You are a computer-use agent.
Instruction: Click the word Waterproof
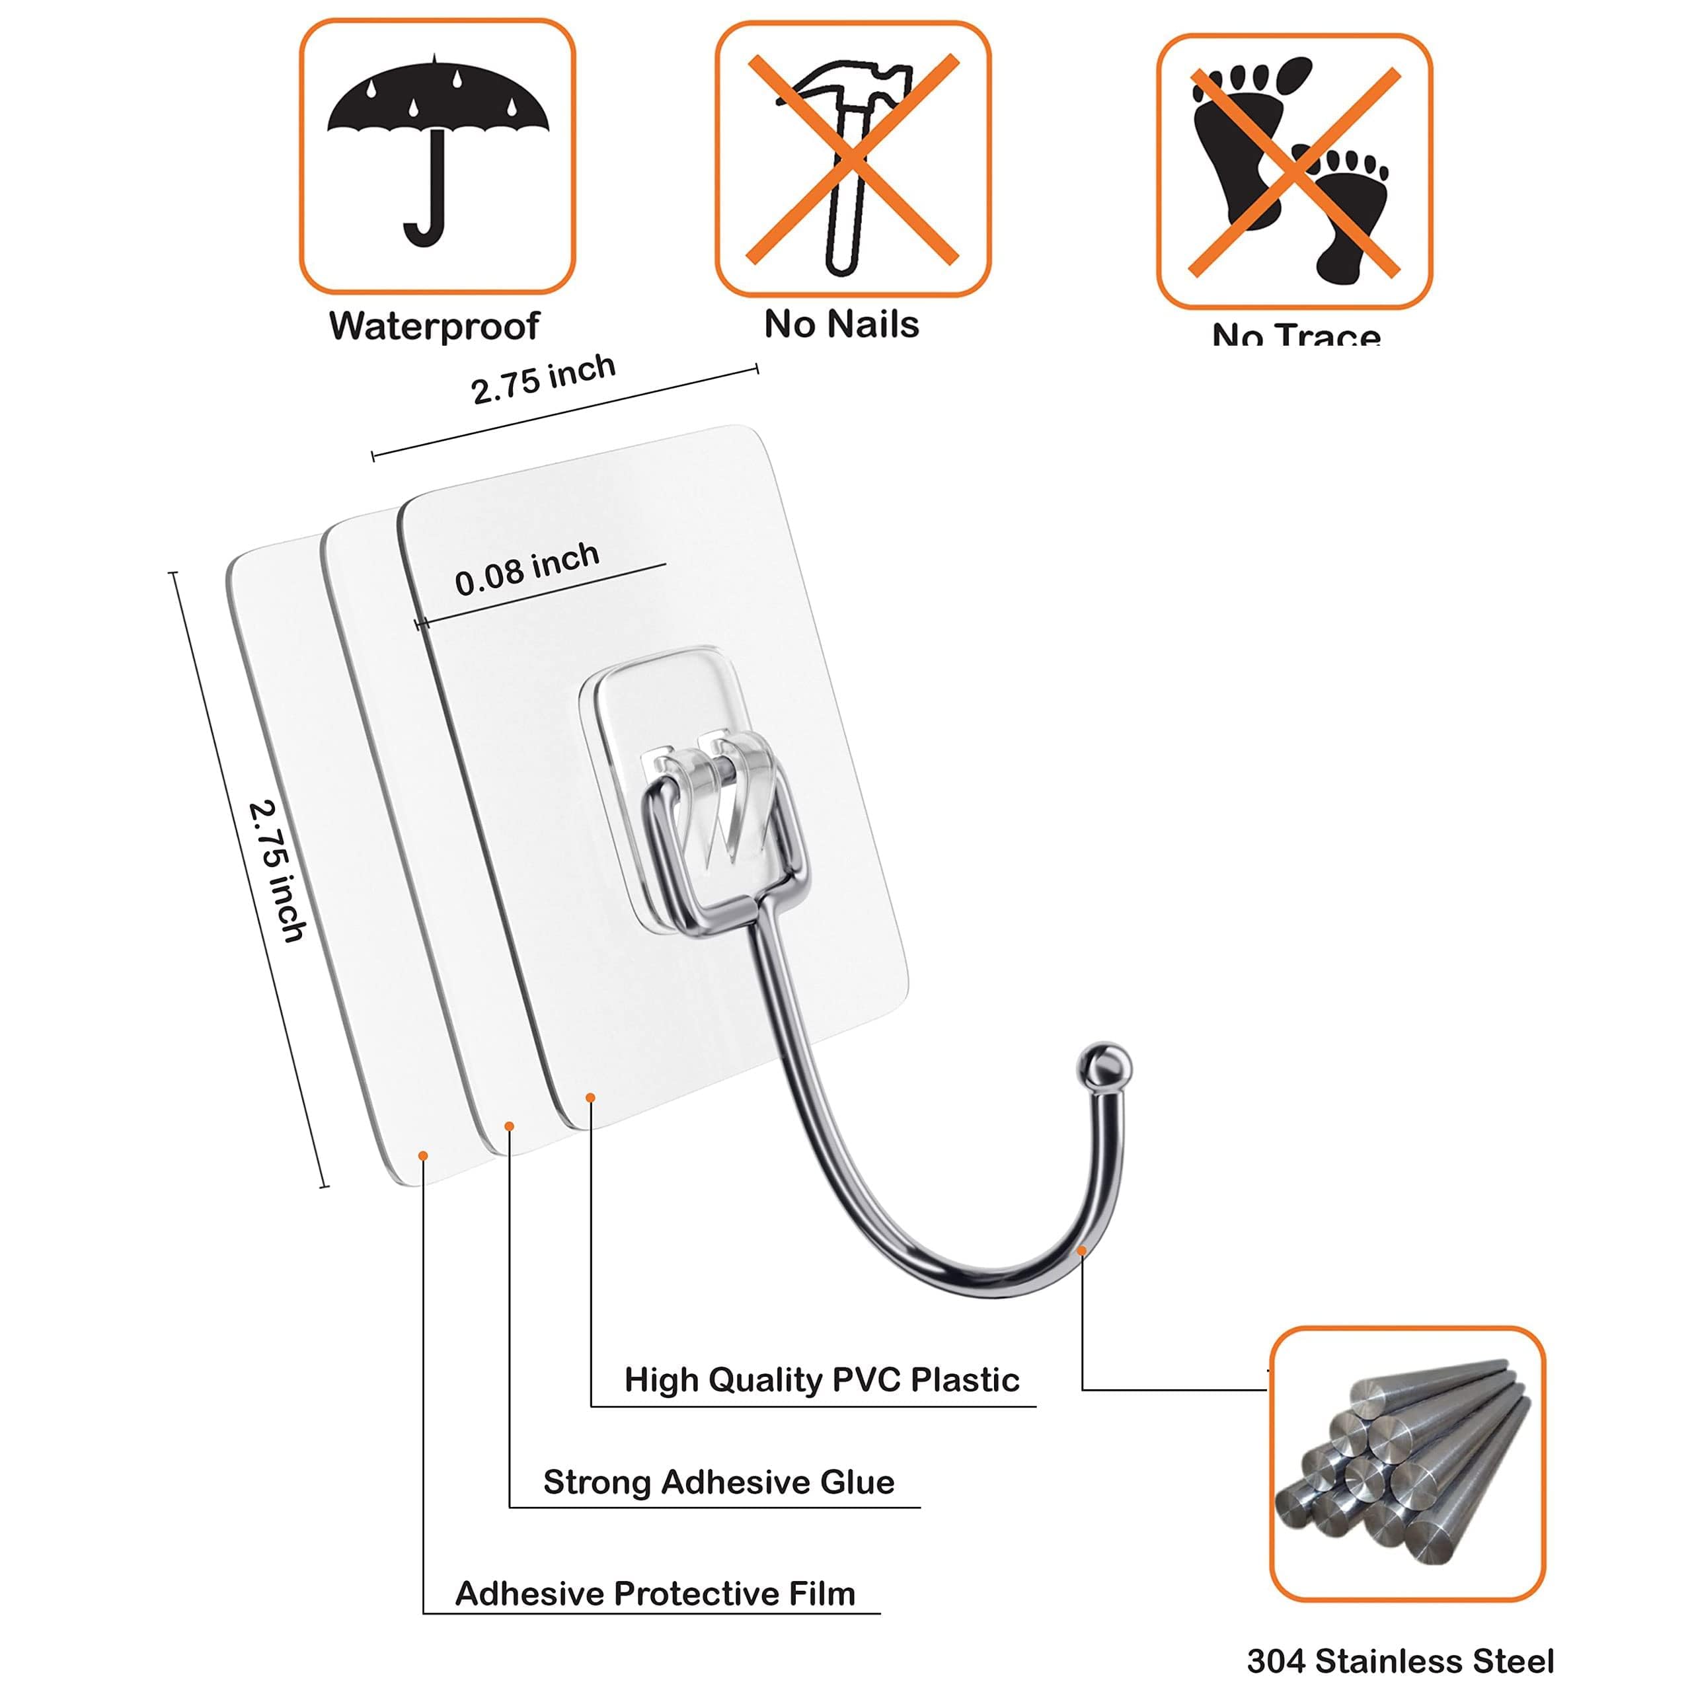(x=434, y=326)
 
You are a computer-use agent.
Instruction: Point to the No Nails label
(x=841, y=324)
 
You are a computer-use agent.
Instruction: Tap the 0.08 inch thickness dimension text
(x=527, y=569)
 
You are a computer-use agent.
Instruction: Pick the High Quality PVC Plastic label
(x=822, y=1379)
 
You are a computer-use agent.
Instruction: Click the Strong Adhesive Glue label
(x=718, y=1482)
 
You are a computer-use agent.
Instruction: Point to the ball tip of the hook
(x=1104, y=1064)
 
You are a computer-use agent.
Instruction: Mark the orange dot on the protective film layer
(x=423, y=1156)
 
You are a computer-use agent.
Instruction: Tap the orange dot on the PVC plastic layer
(x=591, y=1097)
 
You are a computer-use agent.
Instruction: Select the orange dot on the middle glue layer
(x=510, y=1126)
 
